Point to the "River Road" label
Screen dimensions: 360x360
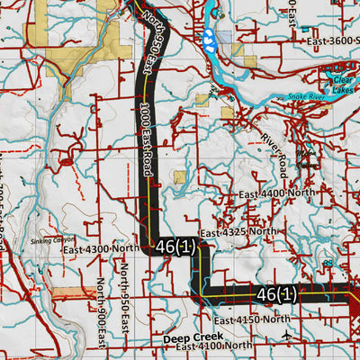274,147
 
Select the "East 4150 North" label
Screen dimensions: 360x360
252,319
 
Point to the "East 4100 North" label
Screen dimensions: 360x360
213,346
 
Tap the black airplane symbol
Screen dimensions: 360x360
287,336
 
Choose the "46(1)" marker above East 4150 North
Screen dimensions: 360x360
275,294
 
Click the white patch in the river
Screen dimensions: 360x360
209,39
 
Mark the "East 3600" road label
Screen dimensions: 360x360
331,40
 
